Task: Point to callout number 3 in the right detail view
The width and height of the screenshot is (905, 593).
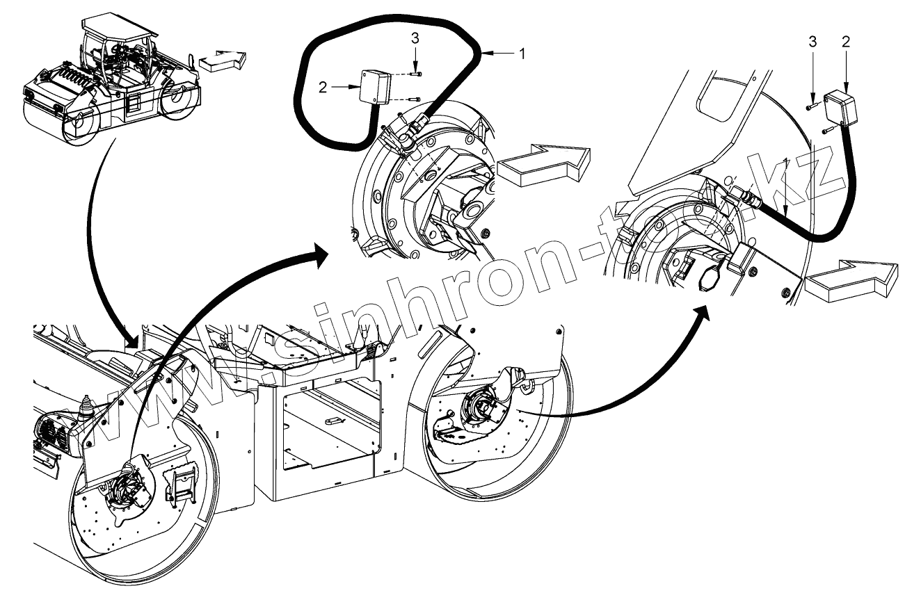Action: tap(812, 41)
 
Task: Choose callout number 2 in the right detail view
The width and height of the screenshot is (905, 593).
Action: tap(845, 41)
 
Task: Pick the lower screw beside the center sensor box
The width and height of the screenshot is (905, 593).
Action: tap(416, 97)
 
